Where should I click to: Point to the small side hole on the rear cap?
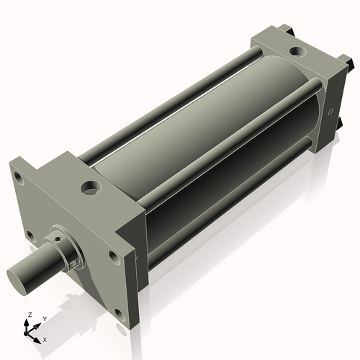[330, 112]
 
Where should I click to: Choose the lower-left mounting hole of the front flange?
[31, 235]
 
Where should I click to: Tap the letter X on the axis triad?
[45, 338]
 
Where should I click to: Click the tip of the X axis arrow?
[40, 337]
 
